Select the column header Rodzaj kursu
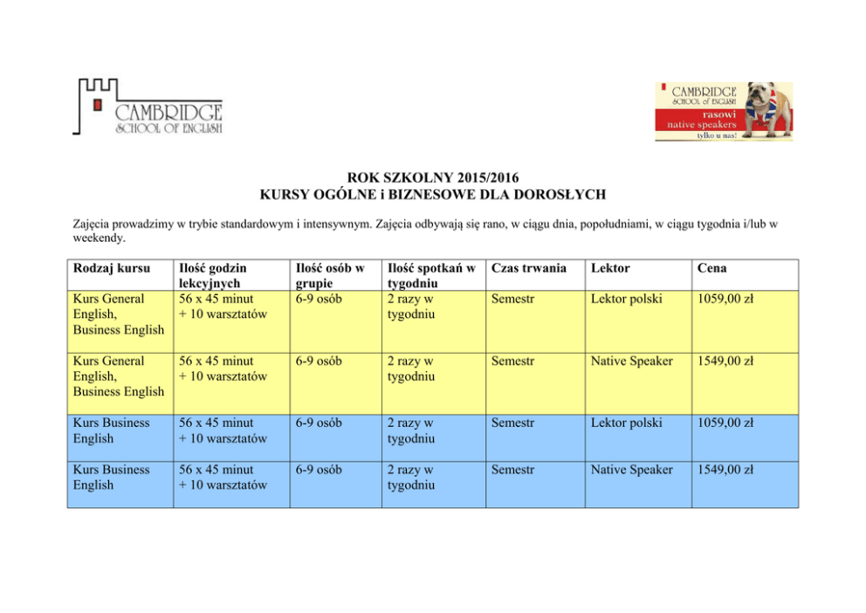(x=112, y=267)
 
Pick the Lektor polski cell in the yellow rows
(x=626, y=299)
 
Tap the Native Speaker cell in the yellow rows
(x=631, y=361)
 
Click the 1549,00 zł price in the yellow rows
(x=725, y=361)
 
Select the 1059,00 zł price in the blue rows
(x=725, y=423)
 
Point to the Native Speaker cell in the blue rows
(x=631, y=470)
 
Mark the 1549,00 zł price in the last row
(x=725, y=470)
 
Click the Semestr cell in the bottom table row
(x=512, y=470)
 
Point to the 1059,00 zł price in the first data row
(x=725, y=299)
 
